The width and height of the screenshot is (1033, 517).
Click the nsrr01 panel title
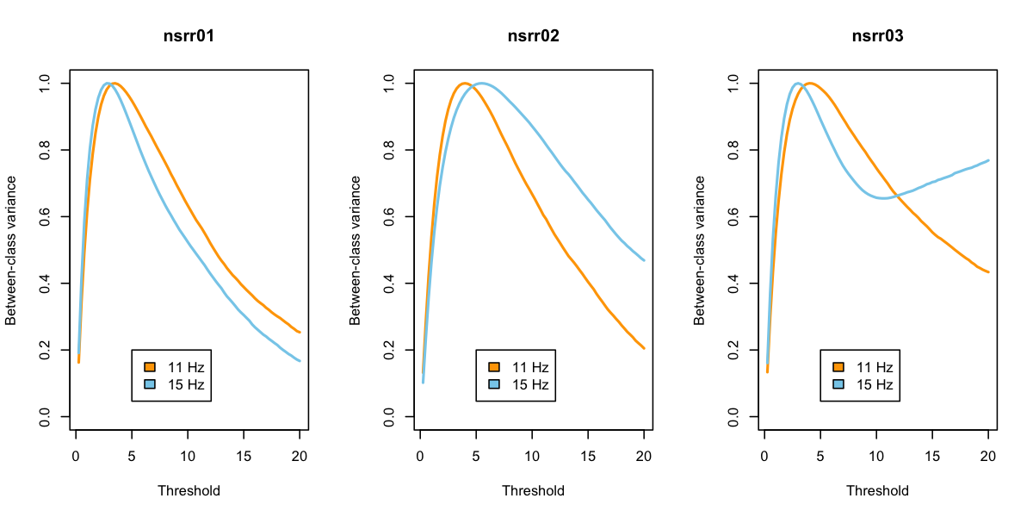pos(189,36)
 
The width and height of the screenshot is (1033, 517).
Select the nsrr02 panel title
pos(533,36)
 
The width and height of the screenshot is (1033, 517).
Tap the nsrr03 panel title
pos(877,36)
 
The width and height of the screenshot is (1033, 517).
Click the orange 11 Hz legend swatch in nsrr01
pos(150,367)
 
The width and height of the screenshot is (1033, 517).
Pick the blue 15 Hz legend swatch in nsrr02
pos(494,384)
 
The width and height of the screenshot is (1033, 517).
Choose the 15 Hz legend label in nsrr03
pos(875,384)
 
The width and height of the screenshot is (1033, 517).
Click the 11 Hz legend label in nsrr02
pos(530,367)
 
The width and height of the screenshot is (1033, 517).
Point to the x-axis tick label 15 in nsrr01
pos(244,456)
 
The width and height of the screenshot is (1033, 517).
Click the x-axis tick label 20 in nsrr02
pos(645,456)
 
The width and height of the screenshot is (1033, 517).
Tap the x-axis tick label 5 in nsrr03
pos(820,456)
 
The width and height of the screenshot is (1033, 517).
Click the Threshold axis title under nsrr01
pos(189,491)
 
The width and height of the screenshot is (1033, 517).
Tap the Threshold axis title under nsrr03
pos(877,491)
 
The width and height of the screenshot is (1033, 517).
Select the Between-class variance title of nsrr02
pos(356,250)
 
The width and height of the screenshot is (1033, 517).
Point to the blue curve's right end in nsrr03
pos(988,160)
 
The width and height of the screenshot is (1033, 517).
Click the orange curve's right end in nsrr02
pos(644,348)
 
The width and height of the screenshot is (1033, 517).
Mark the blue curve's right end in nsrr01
pos(300,361)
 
